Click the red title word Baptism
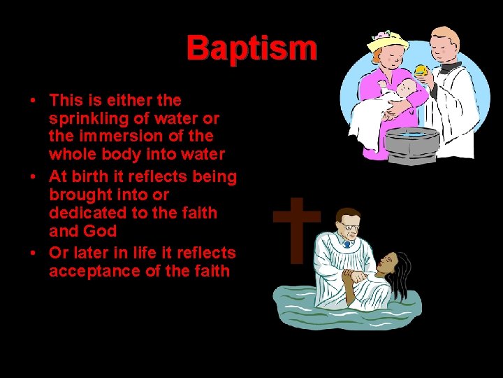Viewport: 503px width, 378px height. click(x=251, y=48)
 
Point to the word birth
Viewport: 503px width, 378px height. click(x=91, y=176)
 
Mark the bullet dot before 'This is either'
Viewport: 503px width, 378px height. click(x=34, y=100)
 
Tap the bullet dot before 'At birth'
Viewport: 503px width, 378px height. click(x=34, y=176)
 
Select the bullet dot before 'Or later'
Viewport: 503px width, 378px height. click(x=34, y=253)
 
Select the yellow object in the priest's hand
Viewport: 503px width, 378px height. click(x=421, y=71)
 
